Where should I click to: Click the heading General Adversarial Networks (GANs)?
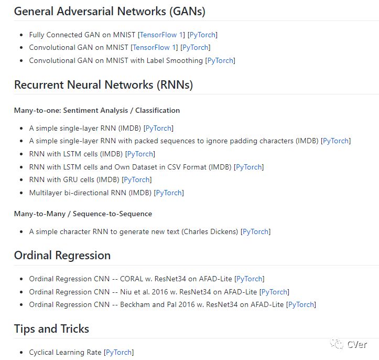click(x=110, y=11)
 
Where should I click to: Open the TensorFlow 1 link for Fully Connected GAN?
click(x=162, y=35)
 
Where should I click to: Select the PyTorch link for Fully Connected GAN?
click(x=202, y=35)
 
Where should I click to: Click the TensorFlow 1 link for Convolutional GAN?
click(x=155, y=48)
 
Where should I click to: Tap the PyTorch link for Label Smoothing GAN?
click(x=220, y=61)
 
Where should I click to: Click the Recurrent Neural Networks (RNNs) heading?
click(x=103, y=84)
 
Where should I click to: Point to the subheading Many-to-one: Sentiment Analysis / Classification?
click(x=97, y=111)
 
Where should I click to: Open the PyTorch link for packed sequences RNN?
click(x=336, y=141)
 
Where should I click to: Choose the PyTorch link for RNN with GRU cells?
click(x=137, y=180)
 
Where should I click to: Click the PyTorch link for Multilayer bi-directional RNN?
click(x=169, y=193)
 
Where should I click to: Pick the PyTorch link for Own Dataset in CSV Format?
click(x=249, y=167)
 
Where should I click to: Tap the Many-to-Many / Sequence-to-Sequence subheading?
click(x=83, y=214)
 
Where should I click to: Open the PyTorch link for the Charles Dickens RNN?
click(x=256, y=231)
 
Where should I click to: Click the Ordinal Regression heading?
click(x=62, y=256)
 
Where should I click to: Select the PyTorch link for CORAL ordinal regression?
click(x=250, y=279)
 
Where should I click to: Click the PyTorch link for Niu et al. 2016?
click(x=274, y=292)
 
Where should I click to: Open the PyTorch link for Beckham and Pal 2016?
click(x=301, y=305)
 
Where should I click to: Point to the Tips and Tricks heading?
click(x=51, y=329)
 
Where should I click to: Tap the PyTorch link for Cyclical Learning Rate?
click(x=119, y=353)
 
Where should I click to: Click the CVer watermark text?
click(x=357, y=345)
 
